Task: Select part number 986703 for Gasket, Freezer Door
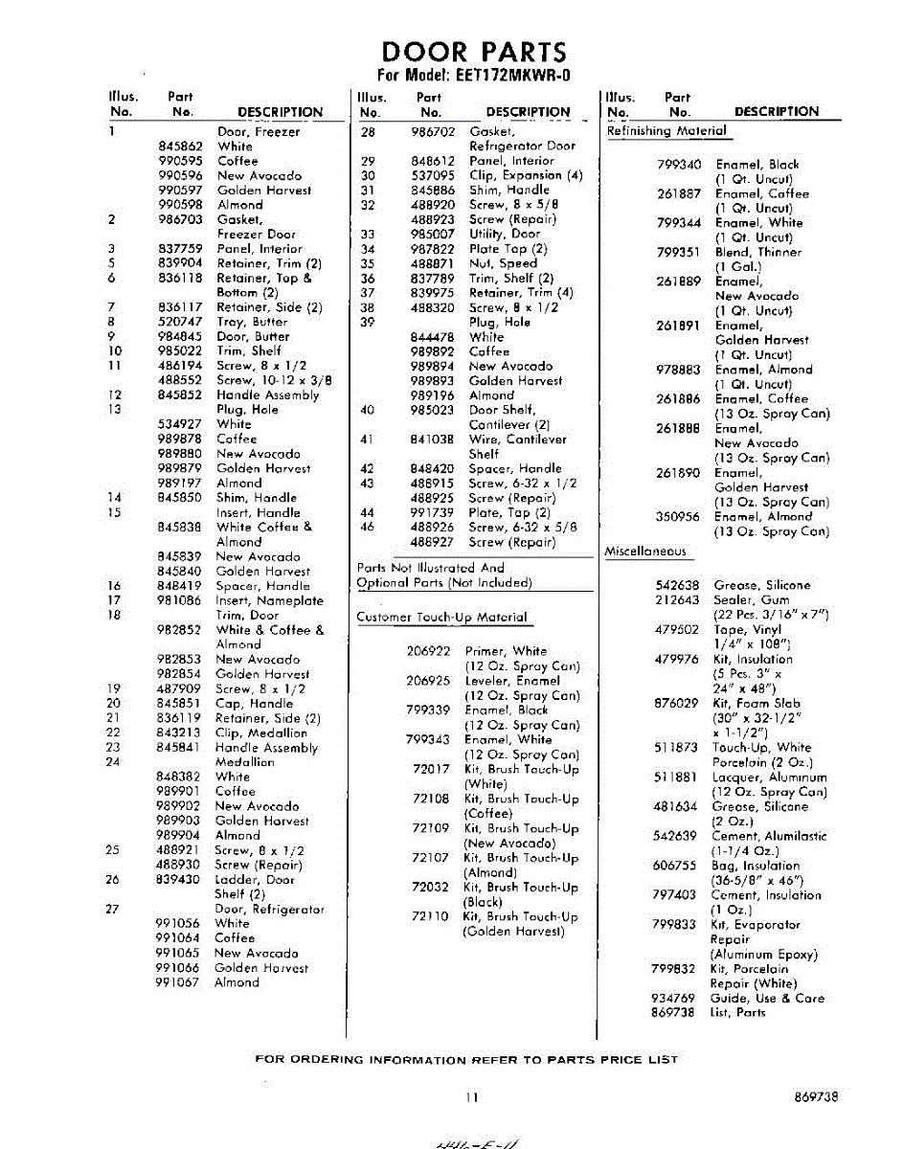coord(180,219)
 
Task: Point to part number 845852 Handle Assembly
coord(180,394)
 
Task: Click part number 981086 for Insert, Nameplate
coord(180,600)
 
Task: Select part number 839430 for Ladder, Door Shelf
coord(179,879)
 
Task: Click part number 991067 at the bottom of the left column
coord(178,982)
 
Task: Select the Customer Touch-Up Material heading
coord(441,618)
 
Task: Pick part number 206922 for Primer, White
coord(428,651)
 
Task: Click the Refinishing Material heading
coord(666,131)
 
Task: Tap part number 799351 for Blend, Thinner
coord(679,252)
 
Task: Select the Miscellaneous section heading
coord(645,552)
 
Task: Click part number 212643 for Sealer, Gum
coord(677,599)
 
